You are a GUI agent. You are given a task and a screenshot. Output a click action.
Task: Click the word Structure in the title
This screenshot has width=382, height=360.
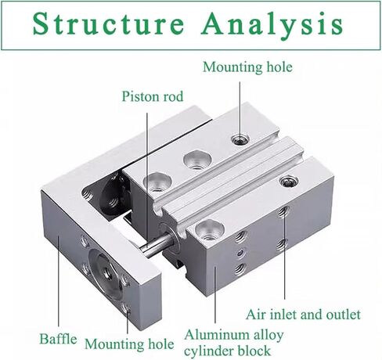(108, 24)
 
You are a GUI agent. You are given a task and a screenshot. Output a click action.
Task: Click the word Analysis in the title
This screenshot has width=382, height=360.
(272, 26)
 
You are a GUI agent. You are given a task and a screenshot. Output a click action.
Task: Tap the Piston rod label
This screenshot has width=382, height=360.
(153, 96)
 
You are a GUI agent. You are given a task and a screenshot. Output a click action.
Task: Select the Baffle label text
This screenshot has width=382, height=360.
(58, 339)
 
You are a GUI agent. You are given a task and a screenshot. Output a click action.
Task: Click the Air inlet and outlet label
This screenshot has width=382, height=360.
(303, 315)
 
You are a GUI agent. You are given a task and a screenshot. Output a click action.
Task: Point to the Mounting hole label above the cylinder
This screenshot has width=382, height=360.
(247, 67)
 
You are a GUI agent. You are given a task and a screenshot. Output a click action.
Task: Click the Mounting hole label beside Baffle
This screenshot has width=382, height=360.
(129, 344)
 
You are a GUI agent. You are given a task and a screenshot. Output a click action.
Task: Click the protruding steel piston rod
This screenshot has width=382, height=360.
(157, 247)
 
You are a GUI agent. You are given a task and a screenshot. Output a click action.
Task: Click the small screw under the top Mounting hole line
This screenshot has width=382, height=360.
(240, 139)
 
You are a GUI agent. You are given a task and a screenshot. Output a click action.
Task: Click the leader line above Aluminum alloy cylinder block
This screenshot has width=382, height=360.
(215, 294)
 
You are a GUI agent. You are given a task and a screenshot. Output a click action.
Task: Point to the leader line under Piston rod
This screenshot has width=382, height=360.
(147, 180)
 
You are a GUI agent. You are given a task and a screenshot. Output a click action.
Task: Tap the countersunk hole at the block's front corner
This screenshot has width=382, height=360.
(210, 230)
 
